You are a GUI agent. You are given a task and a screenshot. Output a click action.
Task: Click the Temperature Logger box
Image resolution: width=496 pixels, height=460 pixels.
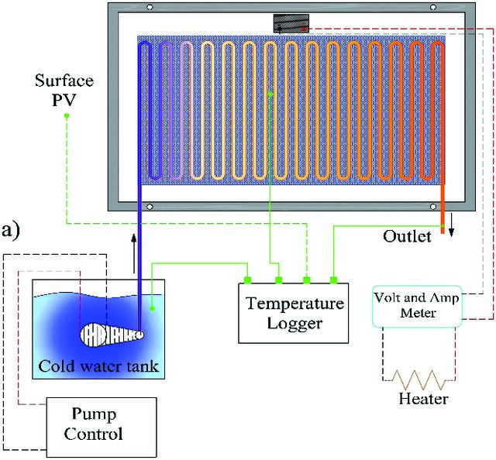[x=293, y=313]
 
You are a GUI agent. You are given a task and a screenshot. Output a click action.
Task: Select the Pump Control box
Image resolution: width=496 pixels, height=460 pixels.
[x=102, y=427]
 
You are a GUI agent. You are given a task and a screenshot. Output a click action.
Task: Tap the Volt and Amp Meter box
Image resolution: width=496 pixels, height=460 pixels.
[x=417, y=306]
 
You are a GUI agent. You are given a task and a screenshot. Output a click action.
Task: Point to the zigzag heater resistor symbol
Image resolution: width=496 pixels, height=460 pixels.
[x=418, y=379]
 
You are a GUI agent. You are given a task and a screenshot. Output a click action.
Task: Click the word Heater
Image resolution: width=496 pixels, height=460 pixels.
[x=423, y=399]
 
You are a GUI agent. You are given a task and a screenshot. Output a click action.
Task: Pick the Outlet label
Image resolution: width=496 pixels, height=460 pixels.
[x=407, y=236]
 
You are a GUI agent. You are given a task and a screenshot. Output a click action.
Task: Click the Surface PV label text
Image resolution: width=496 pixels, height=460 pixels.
[x=64, y=90]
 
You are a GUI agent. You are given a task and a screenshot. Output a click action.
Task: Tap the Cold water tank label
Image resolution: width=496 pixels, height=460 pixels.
[x=98, y=366]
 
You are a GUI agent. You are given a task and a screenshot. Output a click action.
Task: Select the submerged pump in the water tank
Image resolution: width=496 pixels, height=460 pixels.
[x=112, y=335]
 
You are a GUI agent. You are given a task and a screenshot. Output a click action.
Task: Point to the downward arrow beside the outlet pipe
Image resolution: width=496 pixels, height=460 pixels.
[x=451, y=225]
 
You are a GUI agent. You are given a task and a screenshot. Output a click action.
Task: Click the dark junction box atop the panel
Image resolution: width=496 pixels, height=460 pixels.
[x=291, y=23]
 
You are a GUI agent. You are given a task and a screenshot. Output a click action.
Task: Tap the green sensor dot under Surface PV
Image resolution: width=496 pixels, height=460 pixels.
[x=67, y=116]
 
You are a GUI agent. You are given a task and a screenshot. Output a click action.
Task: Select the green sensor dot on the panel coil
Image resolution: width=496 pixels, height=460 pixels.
[x=270, y=94]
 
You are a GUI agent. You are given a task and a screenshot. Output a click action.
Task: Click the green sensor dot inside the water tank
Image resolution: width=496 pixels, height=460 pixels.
[x=152, y=308]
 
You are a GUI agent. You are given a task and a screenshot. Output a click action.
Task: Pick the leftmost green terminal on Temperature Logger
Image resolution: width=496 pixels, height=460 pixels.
[x=247, y=280]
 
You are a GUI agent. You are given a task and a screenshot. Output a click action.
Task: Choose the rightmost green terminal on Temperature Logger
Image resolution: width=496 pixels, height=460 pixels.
[x=334, y=280]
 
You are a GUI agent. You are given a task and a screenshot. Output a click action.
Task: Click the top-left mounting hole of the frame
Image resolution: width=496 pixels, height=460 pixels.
[x=150, y=7]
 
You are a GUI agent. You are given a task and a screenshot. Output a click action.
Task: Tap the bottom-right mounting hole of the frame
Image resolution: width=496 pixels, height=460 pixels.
[x=433, y=207]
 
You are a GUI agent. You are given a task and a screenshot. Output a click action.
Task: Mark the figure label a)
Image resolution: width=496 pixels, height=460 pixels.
[x=11, y=231]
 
